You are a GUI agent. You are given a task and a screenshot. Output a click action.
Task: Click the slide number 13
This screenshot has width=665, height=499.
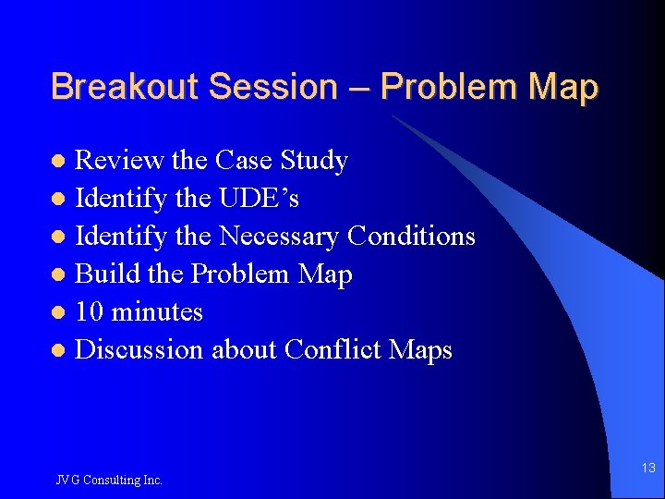coord(648,469)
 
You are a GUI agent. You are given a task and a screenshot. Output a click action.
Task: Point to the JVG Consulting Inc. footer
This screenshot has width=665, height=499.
coord(108,480)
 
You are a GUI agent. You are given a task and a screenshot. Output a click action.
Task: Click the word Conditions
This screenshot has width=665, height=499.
coord(411,237)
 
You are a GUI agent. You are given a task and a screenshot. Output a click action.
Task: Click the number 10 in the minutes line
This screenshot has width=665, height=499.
coord(90,312)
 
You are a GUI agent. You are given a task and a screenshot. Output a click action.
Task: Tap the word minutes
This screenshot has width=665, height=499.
coord(157,312)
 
